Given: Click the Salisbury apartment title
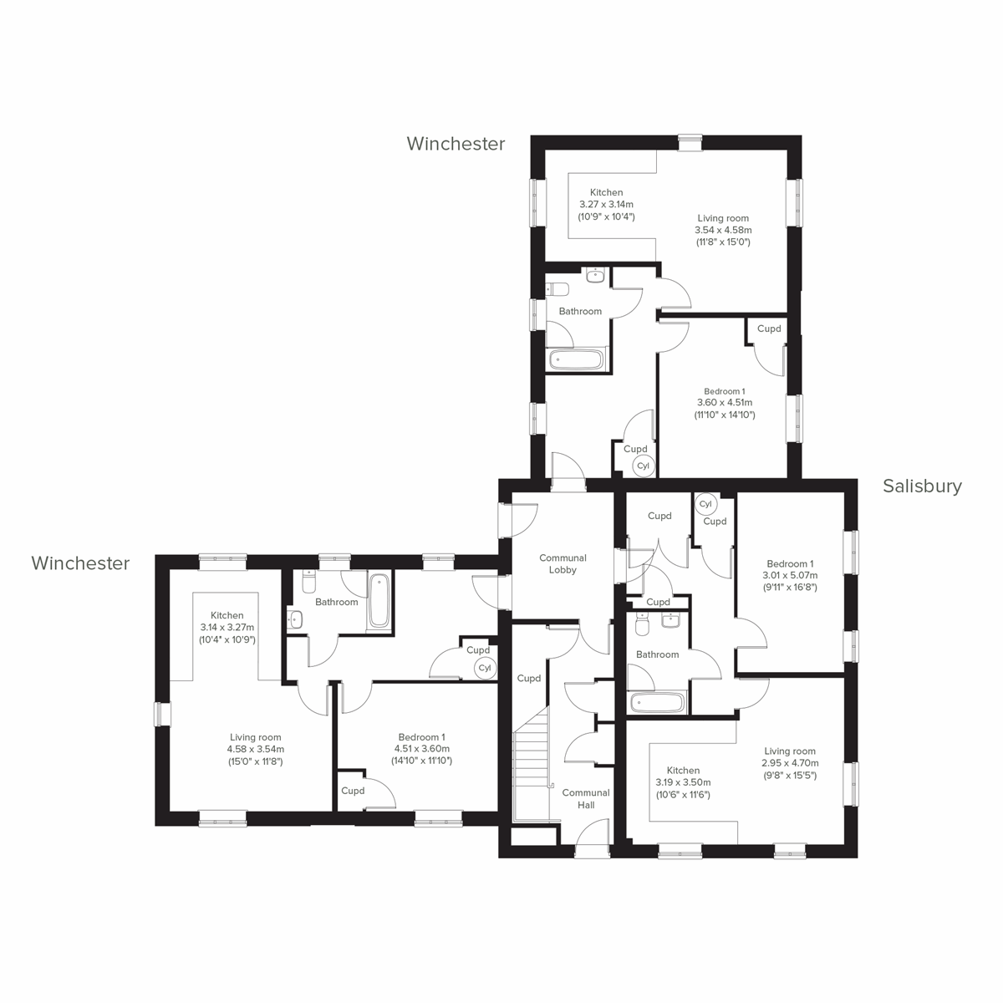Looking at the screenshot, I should [x=922, y=486].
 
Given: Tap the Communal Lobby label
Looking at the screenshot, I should [x=563, y=564].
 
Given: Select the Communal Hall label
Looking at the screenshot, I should [x=586, y=798].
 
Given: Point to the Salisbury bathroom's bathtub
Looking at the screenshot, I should [x=658, y=703].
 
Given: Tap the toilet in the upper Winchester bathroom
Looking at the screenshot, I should [x=558, y=289].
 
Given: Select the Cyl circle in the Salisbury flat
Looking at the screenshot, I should [x=705, y=504].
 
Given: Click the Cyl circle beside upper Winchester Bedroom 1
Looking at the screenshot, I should [x=643, y=466].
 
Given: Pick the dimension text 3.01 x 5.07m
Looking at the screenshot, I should [x=789, y=575].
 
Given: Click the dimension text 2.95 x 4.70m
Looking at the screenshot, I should [x=790, y=763].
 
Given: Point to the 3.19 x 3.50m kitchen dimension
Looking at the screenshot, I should [x=683, y=782].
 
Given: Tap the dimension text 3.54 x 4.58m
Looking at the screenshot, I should [x=723, y=230].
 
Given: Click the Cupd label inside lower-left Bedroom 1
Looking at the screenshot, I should [x=353, y=791].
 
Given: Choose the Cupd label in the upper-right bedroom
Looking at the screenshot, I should [x=769, y=328].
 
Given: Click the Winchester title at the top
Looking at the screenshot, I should [x=456, y=144].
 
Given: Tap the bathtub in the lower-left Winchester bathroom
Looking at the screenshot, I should [x=378, y=599].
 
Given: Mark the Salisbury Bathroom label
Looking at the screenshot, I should [x=657, y=654].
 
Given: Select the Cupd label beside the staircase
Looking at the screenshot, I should [x=528, y=679].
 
